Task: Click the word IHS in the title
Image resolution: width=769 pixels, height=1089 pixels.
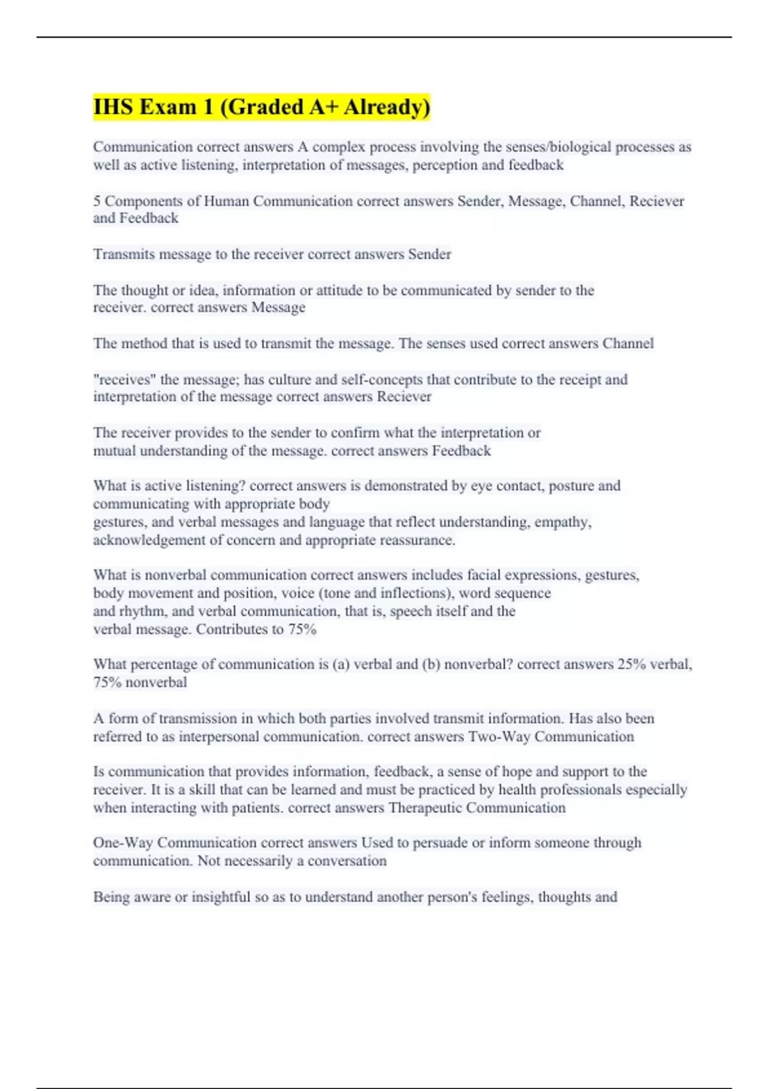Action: (113, 106)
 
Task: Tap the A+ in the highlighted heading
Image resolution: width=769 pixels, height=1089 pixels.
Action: (323, 106)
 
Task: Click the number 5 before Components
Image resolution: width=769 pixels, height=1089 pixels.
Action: (97, 201)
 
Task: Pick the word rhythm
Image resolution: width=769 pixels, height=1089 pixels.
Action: (144, 611)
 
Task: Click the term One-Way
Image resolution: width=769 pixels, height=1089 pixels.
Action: (122, 842)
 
